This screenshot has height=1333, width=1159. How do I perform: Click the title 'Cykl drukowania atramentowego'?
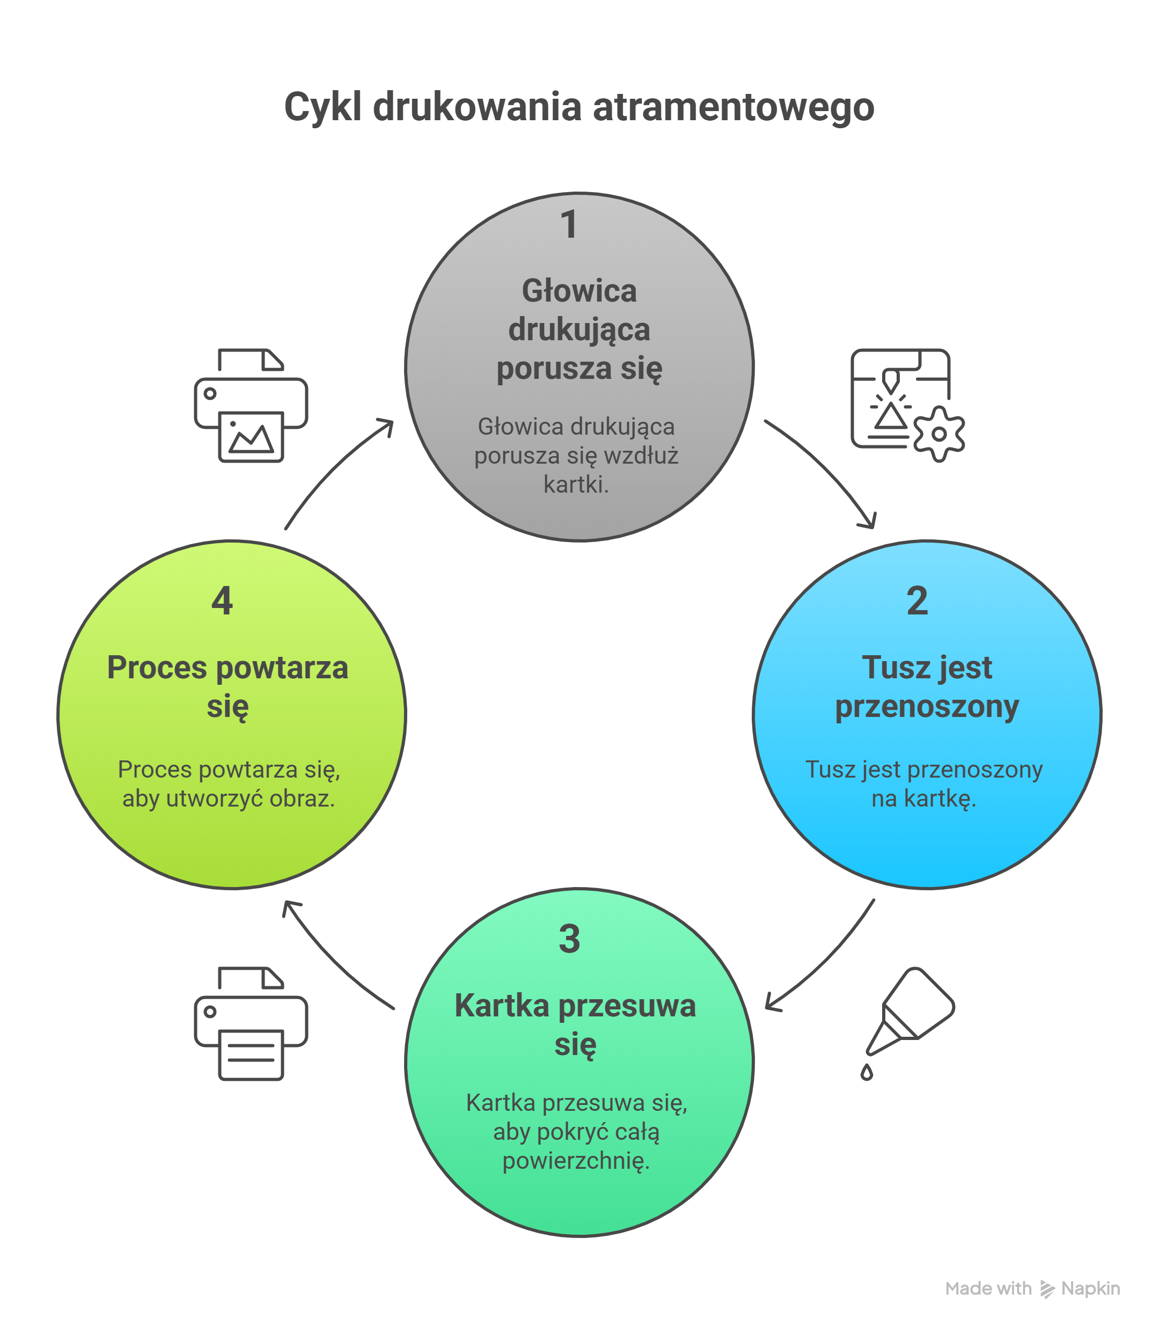(579, 107)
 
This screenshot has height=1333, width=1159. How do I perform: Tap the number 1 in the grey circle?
(569, 224)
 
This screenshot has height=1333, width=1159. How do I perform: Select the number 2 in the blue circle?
(917, 601)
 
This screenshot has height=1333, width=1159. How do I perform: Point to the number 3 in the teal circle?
(569, 939)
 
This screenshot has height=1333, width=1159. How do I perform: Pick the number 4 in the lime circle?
(222, 601)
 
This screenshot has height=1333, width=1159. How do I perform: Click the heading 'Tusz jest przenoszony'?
(926, 687)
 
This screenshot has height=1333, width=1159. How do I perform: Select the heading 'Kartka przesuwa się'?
(575, 1024)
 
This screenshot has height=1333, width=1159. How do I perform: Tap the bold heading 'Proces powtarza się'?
(228, 687)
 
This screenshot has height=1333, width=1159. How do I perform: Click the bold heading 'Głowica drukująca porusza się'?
(579, 330)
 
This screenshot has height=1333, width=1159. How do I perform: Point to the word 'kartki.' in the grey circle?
(576, 485)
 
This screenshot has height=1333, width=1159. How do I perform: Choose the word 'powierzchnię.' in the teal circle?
(576, 1161)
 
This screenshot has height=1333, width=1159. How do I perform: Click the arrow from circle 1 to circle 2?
(828, 466)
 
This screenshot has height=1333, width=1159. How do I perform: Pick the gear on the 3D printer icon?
(938, 434)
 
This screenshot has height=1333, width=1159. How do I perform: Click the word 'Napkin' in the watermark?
(1090, 1289)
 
